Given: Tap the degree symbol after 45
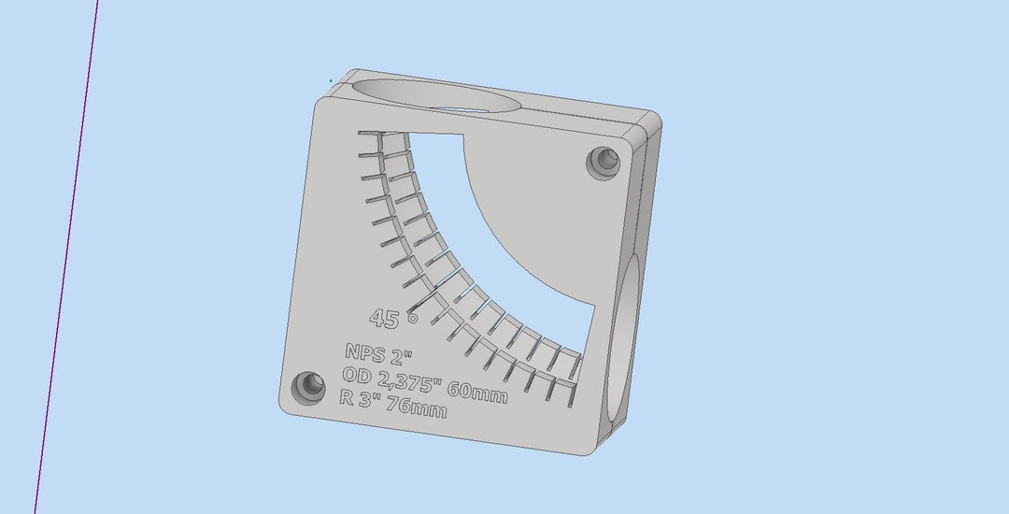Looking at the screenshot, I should click(x=412, y=318).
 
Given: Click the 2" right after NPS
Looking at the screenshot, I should click(x=401, y=358).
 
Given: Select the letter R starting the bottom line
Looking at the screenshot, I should click(x=346, y=395).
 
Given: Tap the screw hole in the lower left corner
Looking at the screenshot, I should click(x=306, y=385).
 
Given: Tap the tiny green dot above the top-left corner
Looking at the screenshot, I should click(x=330, y=80).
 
